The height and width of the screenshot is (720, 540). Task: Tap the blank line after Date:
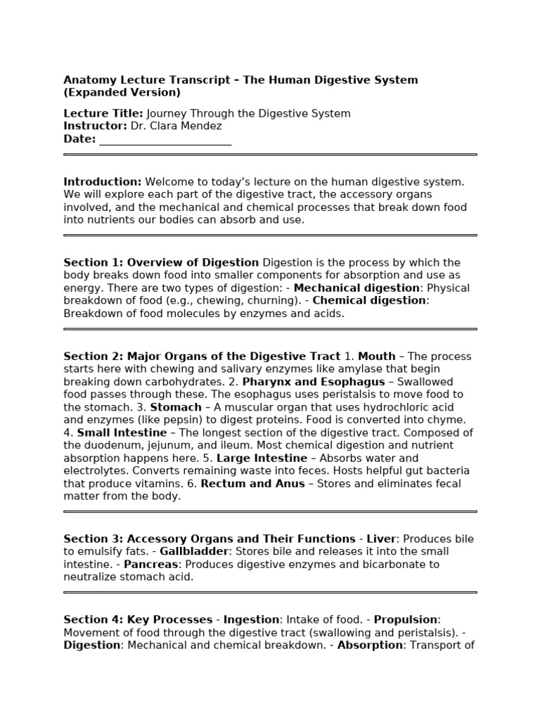point(165,139)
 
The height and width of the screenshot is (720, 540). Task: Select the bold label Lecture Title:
point(103,113)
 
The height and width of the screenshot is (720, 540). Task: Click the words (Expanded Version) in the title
point(122,92)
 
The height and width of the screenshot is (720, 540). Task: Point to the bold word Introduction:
point(103,181)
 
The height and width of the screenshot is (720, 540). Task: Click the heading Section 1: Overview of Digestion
point(161,262)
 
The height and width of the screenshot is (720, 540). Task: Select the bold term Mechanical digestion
point(356,288)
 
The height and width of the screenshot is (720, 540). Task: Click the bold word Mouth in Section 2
point(377,356)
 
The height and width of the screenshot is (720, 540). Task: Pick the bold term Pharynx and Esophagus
point(314,381)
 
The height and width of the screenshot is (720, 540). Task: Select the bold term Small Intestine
point(122,432)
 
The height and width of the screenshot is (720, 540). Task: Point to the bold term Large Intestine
point(260,458)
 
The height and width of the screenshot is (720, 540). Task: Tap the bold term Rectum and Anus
point(253,483)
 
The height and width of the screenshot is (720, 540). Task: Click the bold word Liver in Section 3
point(382,539)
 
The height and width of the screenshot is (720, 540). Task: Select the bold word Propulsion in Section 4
point(406,619)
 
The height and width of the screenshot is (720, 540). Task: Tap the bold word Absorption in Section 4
point(370,645)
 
